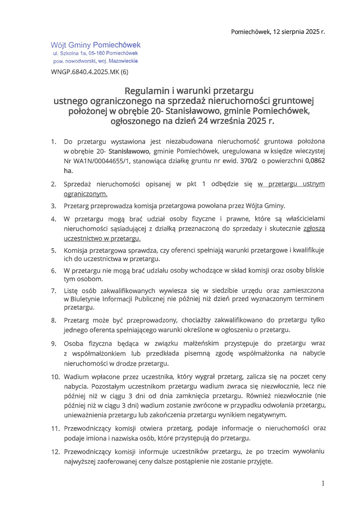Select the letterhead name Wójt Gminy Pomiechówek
(95, 45)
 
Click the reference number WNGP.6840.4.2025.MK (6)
(89, 72)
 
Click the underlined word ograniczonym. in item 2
(85, 194)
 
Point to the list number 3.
(53, 206)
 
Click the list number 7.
(53, 291)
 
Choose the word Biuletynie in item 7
(85, 299)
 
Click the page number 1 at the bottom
(323, 483)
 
